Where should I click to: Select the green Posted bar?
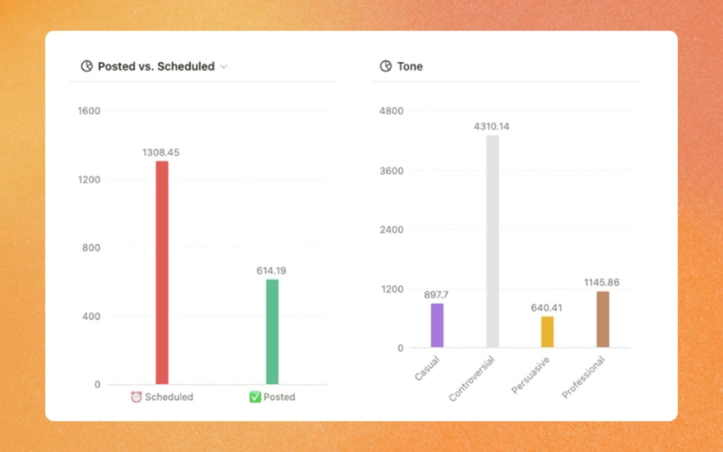pos(272,332)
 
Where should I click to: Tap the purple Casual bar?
pos(437,326)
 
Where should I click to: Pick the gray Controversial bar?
pos(492,242)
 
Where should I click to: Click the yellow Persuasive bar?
pos(547,332)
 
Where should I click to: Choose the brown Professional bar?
pos(603,319)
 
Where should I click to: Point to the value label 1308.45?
pos(161,153)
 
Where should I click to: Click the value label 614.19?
pos(271,270)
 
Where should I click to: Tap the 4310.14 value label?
pos(492,127)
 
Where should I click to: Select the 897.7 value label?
pos(436,294)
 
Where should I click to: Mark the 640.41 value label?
pos(547,308)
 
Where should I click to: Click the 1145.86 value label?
pos(601,282)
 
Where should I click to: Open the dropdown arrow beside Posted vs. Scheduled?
pos(224,67)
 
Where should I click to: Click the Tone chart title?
pos(409,67)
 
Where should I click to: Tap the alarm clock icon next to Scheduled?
pos(136,397)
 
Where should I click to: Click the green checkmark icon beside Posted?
pos(255,397)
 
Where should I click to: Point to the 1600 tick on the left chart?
pos(89,111)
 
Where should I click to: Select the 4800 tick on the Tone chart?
pos(392,111)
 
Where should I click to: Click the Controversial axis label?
pos(472,378)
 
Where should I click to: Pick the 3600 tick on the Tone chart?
pos(392,170)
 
